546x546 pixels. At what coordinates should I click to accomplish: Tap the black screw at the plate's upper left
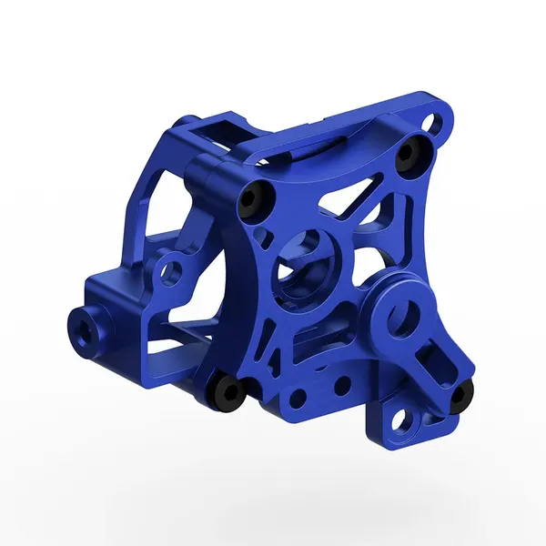tap(254, 198)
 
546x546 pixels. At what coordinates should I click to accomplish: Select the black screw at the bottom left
tap(225, 392)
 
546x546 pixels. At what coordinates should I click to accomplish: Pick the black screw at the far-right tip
tap(461, 393)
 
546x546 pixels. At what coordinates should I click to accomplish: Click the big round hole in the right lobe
tap(402, 318)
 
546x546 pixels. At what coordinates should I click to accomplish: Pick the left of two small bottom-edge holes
tap(297, 399)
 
